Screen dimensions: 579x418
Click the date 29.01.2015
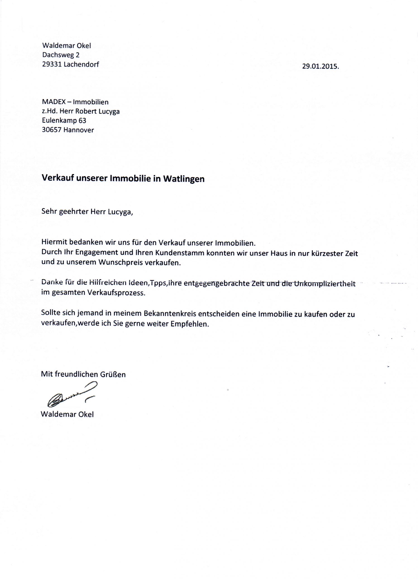(320, 67)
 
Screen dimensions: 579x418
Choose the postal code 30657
(52, 130)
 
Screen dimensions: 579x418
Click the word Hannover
(79, 130)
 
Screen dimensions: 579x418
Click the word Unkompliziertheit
(325, 284)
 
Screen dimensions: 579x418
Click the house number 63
(82, 121)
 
